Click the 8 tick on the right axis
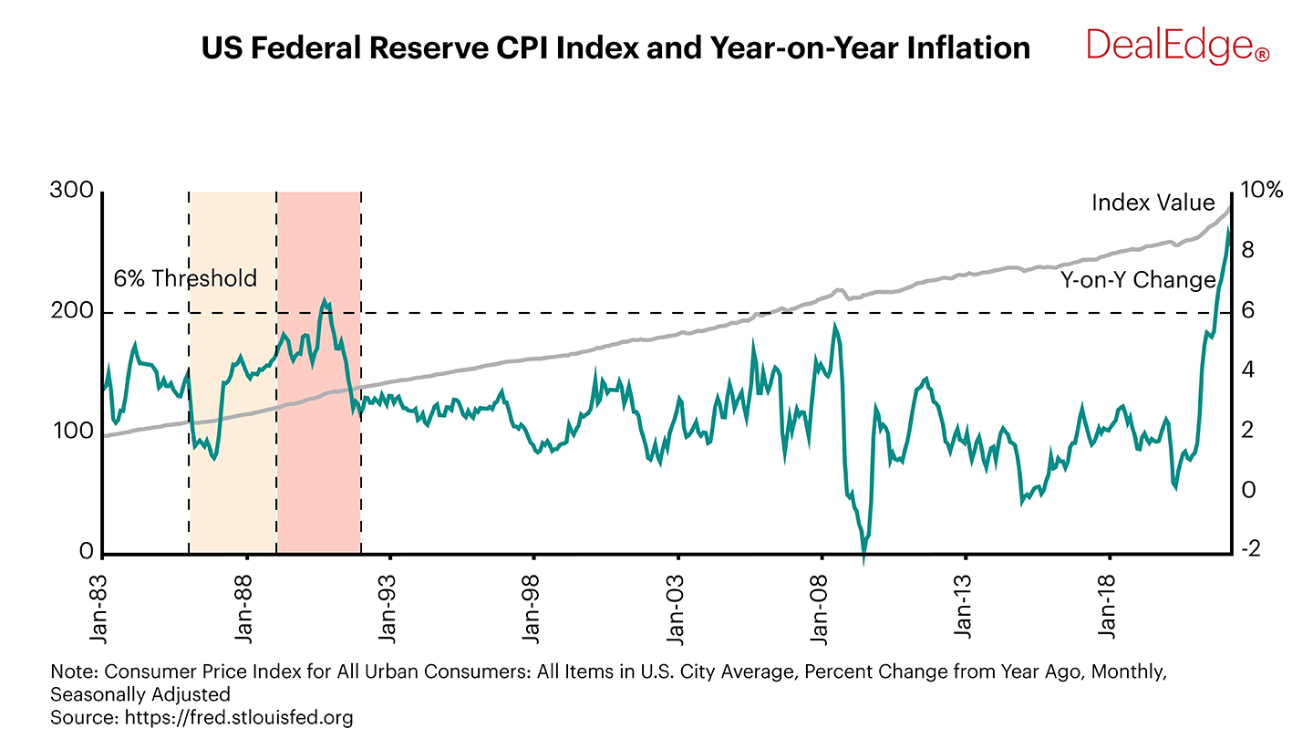coord(1247,250)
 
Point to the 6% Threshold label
coord(185,278)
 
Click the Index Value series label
coord(1153,203)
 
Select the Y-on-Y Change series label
coord(1137,279)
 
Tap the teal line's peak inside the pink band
coord(324,299)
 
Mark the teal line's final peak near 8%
coord(1228,231)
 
